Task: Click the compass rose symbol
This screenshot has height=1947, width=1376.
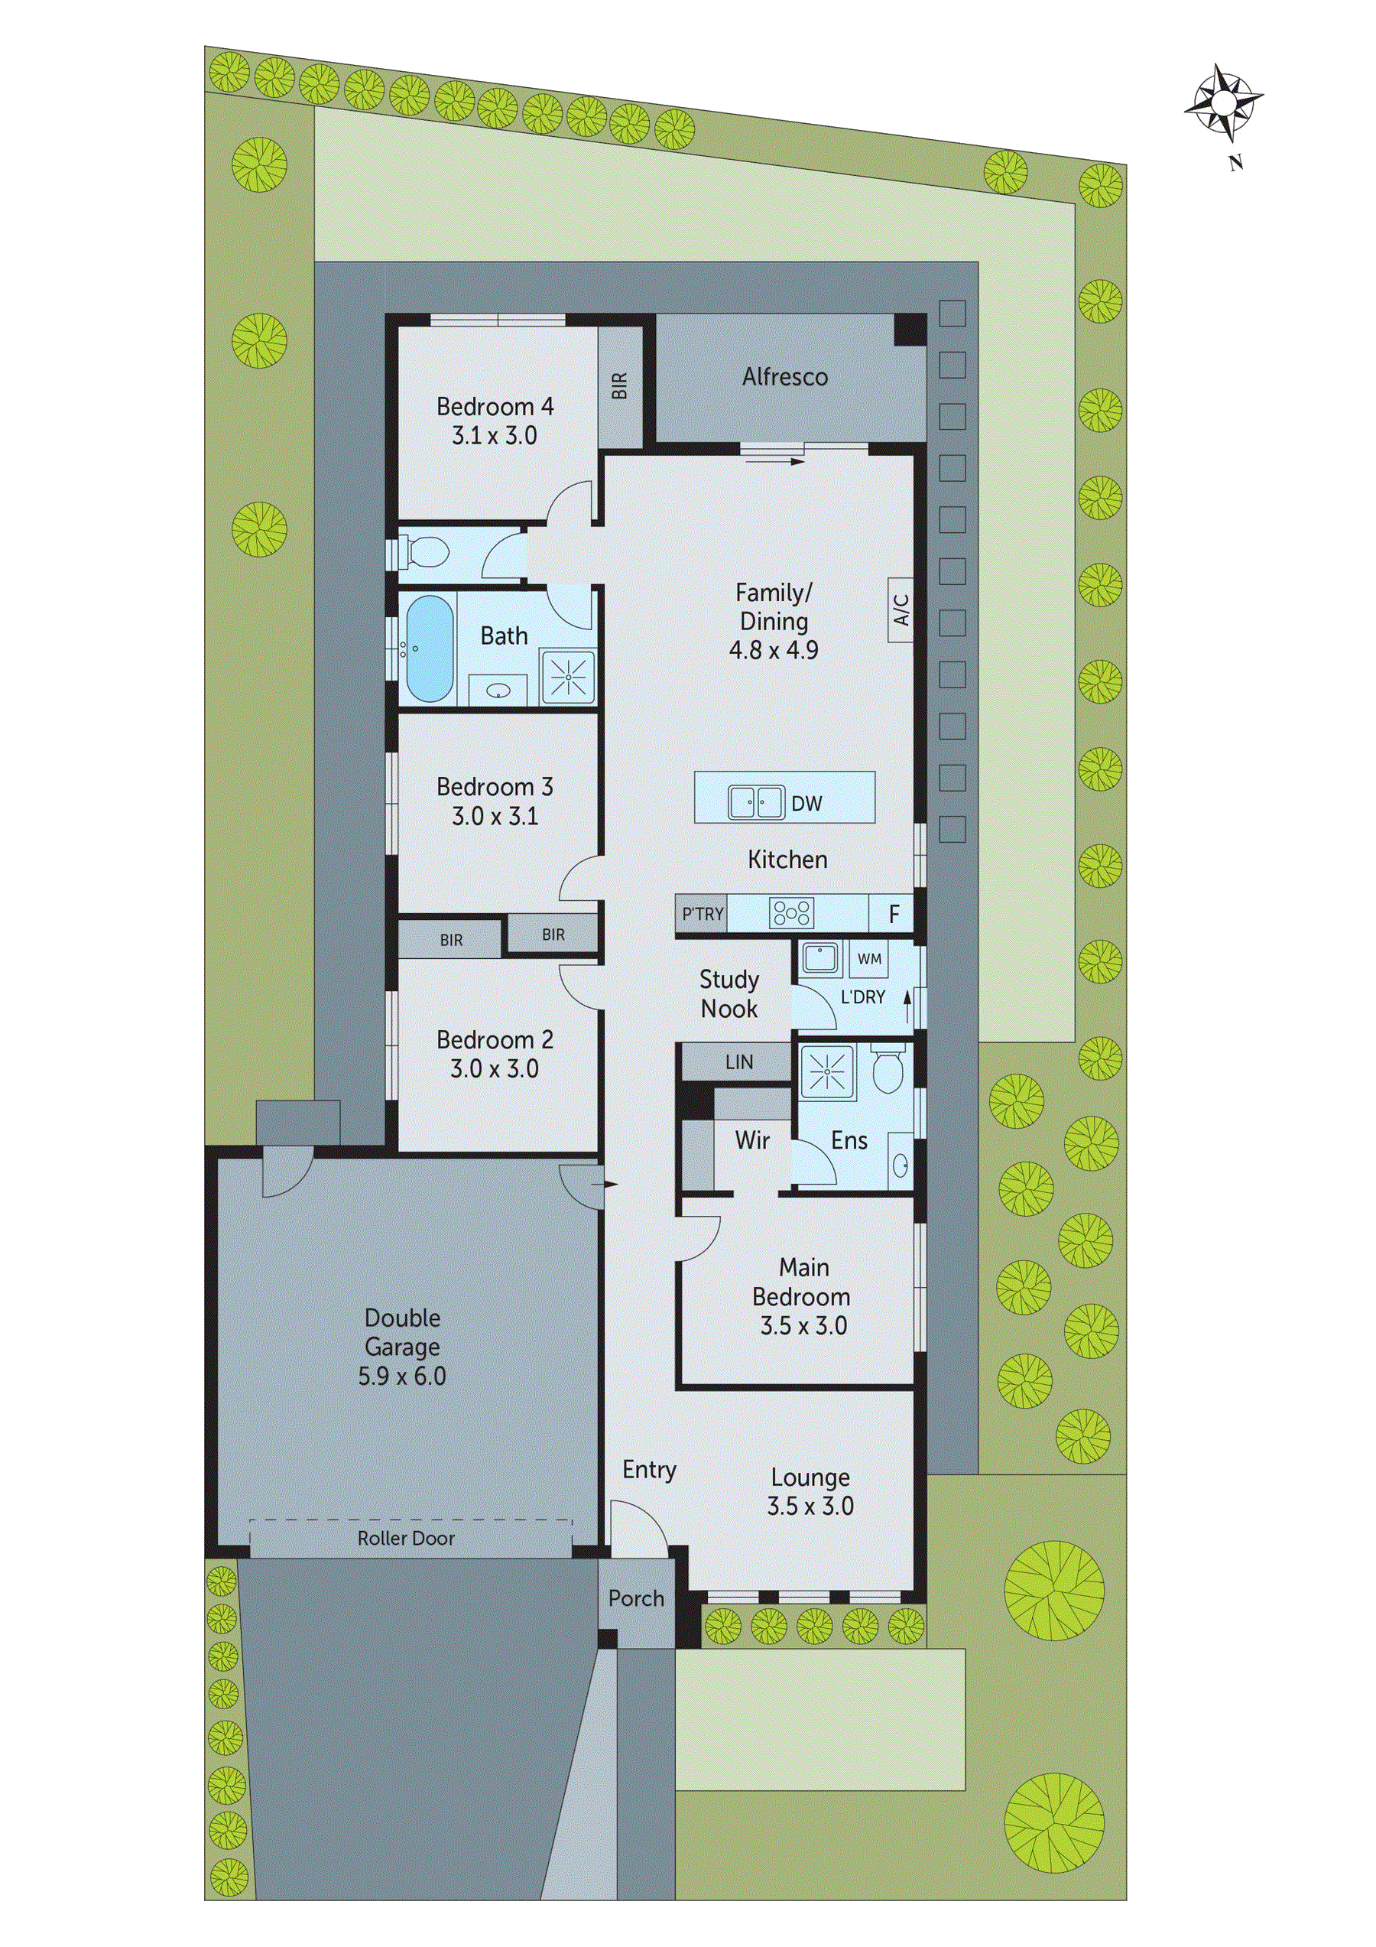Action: [x=1222, y=103]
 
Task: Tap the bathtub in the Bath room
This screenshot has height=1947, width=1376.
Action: [x=428, y=648]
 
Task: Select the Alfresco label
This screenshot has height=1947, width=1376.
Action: [x=784, y=377]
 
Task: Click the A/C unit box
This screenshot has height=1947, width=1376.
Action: [x=901, y=609]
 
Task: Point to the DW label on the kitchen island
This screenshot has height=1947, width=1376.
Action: [x=806, y=804]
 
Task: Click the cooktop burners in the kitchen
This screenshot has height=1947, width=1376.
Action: [x=791, y=913]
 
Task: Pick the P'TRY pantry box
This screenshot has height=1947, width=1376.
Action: [x=702, y=914]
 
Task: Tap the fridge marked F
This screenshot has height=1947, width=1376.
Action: [x=893, y=914]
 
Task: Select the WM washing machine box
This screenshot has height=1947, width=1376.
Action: [x=869, y=959]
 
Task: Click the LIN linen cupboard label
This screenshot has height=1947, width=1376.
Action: [x=738, y=1061]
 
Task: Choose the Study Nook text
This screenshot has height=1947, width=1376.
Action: [x=729, y=994]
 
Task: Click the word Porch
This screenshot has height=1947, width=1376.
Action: [x=636, y=1598]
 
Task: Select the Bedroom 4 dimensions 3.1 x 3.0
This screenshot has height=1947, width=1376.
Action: [x=495, y=436]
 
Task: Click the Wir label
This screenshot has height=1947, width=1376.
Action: [x=752, y=1140]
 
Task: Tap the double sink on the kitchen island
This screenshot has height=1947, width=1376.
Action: [x=755, y=802]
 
